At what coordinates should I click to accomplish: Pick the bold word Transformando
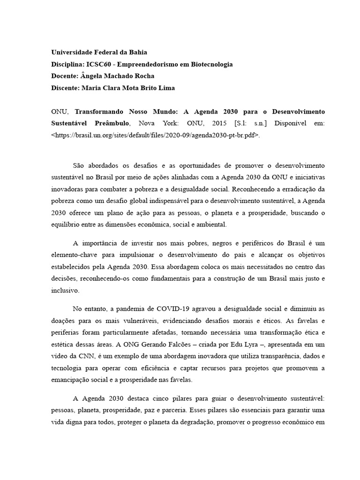click(x=101, y=112)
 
